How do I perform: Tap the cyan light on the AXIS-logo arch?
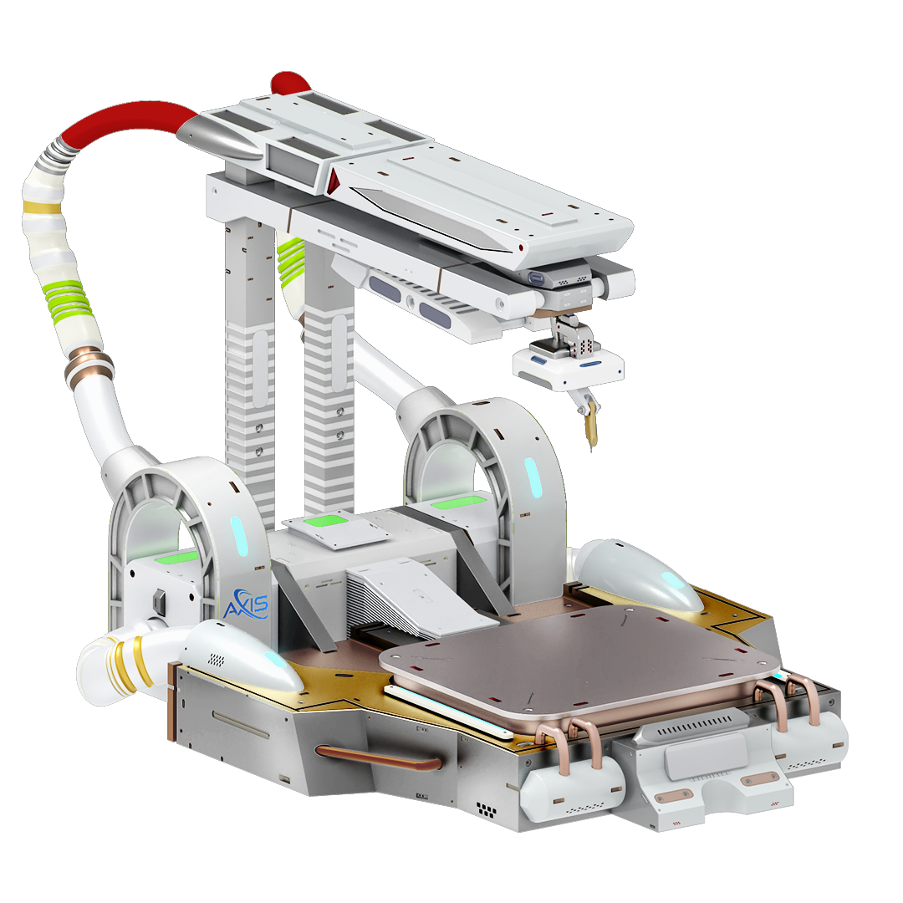238,536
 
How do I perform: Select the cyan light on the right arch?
532,477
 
